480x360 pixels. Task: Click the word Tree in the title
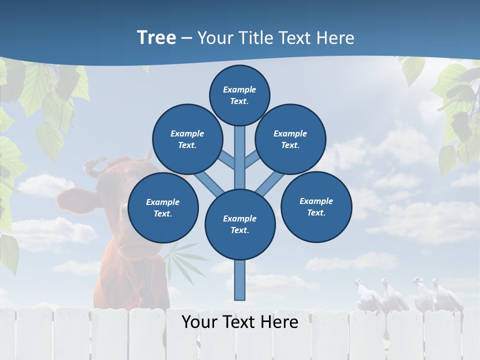[156, 38]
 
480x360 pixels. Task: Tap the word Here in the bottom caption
[278, 322]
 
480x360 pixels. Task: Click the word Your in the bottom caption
[199, 322]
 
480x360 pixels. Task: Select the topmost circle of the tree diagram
[239, 95]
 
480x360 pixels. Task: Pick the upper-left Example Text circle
[187, 139]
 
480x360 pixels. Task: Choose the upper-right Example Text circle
[290, 139]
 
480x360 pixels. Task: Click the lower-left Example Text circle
[163, 208]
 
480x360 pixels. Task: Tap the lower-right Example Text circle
[316, 206]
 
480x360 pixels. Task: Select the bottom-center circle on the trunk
[240, 224]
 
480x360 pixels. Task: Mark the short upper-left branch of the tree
[227, 160]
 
